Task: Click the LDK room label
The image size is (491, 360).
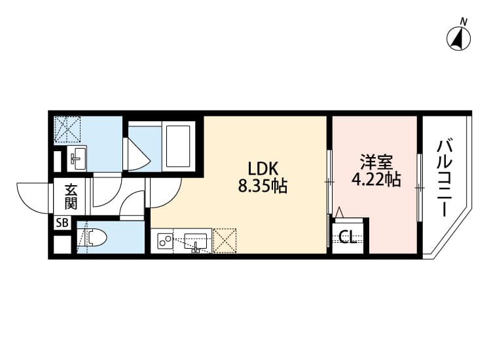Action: tap(263, 169)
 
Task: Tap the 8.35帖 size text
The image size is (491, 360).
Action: tap(263, 186)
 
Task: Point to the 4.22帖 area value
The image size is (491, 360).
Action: tap(376, 180)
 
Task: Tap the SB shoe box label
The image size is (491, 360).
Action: tap(62, 223)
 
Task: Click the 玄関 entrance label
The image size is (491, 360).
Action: tap(71, 196)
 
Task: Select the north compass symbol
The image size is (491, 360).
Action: tap(458, 39)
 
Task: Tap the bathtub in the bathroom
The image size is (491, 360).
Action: tap(179, 146)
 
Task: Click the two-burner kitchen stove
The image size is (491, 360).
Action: tap(165, 240)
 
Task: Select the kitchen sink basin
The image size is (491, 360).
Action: tap(195, 242)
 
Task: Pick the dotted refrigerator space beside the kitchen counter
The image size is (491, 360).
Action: tap(225, 240)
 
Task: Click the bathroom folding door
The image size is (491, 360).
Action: tap(137, 154)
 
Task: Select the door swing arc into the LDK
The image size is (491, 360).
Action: tap(172, 198)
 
